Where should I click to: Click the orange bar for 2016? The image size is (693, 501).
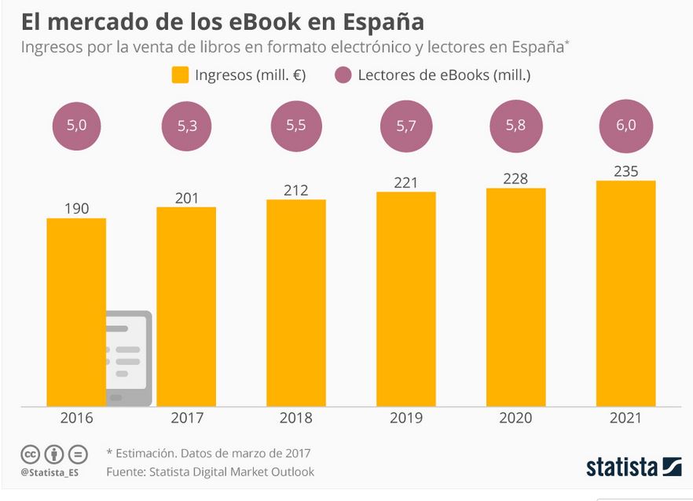76,312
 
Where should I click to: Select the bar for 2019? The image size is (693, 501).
406,299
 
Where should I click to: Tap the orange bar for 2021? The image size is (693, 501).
625,294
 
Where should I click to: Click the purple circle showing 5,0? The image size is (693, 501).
76,126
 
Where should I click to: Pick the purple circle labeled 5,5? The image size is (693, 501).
296,126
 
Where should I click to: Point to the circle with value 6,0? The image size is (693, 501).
625,126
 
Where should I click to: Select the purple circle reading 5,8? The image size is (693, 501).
515,126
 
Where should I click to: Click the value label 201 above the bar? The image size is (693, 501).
186,199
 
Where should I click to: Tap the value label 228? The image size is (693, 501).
515,179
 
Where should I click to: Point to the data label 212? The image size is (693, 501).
296,190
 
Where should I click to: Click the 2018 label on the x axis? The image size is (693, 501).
296,418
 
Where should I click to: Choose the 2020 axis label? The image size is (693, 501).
515,418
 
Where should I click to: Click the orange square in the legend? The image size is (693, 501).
181,75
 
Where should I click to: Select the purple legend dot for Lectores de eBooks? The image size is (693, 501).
343,75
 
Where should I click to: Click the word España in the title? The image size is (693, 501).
383,23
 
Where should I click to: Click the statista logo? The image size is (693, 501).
633,467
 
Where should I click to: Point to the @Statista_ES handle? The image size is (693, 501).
49,473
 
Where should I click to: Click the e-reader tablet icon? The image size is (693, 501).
129,358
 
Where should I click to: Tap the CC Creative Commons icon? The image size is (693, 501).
30,454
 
